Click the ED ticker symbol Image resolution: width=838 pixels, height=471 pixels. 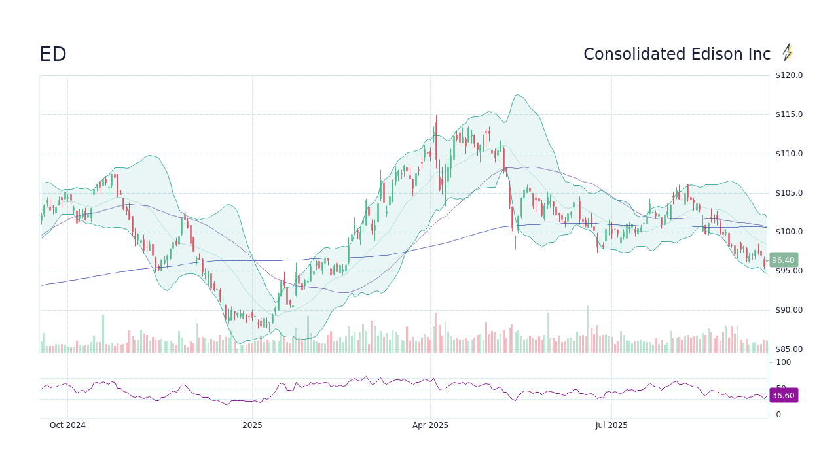tap(53, 55)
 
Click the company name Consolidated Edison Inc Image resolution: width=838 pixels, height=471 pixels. tap(677, 55)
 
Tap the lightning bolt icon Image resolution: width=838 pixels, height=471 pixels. tap(788, 53)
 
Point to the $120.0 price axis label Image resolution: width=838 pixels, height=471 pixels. tap(789, 75)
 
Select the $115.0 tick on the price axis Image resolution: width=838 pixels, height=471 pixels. tap(789, 114)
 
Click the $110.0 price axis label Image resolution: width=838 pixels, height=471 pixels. tap(789, 154)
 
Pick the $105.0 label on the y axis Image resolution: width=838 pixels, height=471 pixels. tap(789, 193)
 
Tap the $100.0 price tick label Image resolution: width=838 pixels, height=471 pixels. tap(789, 232)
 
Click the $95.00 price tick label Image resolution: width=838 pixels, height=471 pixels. tap(789, 271)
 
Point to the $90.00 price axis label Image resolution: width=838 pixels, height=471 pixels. tap(789, 310)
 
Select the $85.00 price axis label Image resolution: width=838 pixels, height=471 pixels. tap(789, 349)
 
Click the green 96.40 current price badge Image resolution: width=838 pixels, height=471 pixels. tap(783, 260)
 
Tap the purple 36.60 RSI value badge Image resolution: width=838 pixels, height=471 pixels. tap(783, 396)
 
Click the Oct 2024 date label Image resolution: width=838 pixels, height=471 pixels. tap(67, 425)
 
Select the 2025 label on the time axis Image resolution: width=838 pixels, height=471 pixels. tap(252, 425)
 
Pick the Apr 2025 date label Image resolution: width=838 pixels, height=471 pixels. tap(430, 425)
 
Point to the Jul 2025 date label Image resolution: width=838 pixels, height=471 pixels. tap(611, 425)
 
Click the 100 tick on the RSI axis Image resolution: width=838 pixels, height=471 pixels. tap(784, 362)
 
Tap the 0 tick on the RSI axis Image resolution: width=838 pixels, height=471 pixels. tap(778, 415)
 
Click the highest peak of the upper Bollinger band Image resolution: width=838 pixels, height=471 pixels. tap(517, 95)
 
